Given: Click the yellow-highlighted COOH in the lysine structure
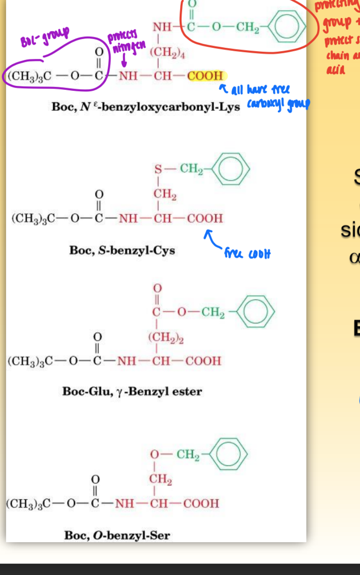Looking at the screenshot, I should pyautogui.click(x=205, y=75).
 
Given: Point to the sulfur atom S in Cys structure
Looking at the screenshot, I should pyautogui.click(x=158, y=169).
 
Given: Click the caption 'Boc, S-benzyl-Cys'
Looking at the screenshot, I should pyautogui.click(x=122, y=251).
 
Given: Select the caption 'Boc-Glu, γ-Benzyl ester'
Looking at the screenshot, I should pyautogui.click(x=132, y=391).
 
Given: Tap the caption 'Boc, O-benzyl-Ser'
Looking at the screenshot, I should pyautogui.click(x=117, y=535).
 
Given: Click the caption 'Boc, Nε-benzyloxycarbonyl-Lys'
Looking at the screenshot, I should pyautogui.click(x=146, y=107).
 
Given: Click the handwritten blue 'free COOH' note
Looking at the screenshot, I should pyautogui.click(x=247, y=253).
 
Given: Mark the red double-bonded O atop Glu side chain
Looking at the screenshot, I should pyautogui.click(x=157, y=288).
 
